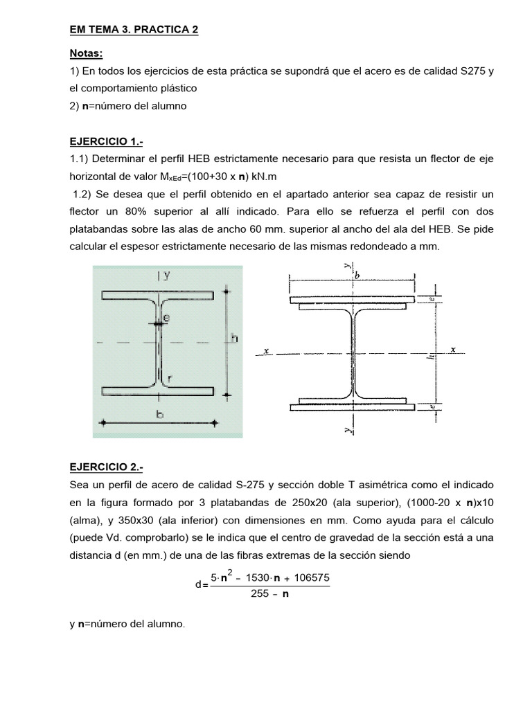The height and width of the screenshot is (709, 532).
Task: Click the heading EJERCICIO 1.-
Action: click(103, 142)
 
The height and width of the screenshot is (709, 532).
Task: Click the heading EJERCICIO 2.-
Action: click(103, 467)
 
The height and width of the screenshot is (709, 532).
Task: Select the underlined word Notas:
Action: click(86, 53)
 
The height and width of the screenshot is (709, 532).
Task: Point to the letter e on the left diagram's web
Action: click(166, 318)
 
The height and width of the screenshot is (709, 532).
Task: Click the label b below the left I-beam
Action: click(161, 415)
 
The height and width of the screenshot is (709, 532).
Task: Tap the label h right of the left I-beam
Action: click(234, 339)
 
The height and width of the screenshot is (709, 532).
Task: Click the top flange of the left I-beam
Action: click(157, 295)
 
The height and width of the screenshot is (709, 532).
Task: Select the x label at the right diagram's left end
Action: click(266, 350)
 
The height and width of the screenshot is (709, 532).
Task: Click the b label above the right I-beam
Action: click(357, 275)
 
